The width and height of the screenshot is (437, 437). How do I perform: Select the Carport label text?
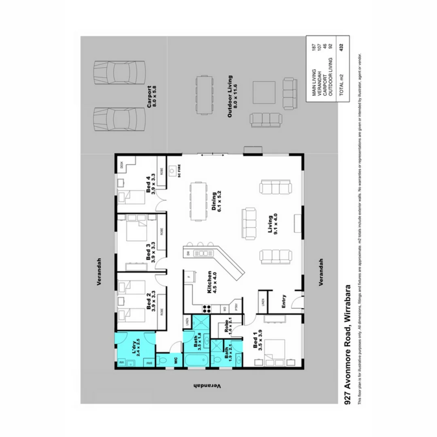click(x=151, y=95)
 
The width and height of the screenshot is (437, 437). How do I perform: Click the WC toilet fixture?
click(x=164, y=359)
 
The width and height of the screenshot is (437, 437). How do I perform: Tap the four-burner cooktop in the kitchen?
click(x=207, y=309)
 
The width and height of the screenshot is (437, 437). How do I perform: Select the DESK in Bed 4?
click(x=121, y=165)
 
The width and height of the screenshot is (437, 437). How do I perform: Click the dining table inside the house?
click(x=198, y=201)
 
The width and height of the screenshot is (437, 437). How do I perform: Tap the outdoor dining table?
click(x=206, y=95)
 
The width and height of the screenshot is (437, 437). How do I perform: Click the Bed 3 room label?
click(x=151, y=253)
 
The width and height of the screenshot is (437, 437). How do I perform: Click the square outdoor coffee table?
click(x=264, y=93)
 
